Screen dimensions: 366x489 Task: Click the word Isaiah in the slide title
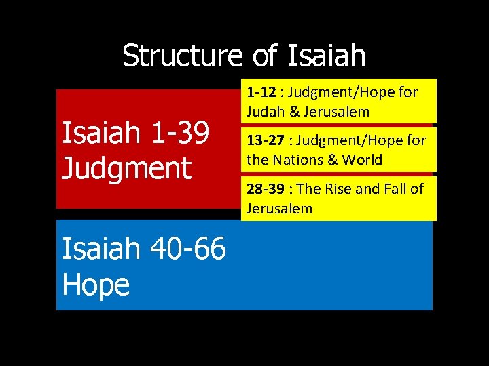327,56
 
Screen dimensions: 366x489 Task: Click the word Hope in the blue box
95,285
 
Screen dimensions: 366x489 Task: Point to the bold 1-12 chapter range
261,92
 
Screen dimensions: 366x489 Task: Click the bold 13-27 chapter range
265,140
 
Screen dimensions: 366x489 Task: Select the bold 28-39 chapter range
265,188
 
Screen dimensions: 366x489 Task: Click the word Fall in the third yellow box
395,188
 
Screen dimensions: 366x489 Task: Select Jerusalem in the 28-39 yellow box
279,208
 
